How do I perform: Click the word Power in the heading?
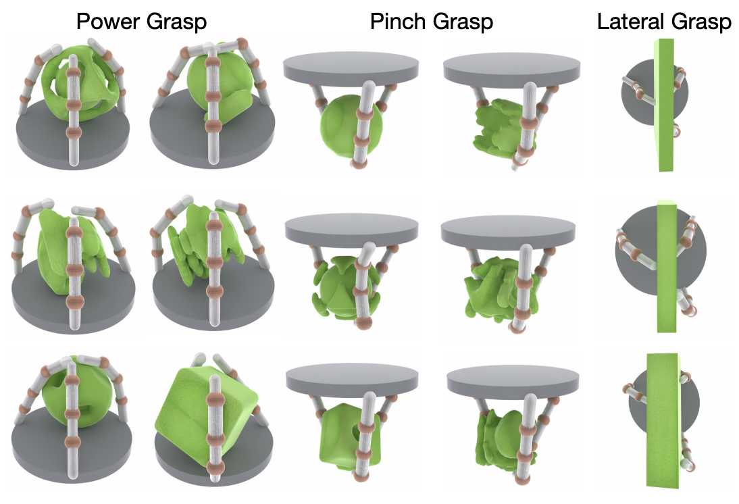(108, 22)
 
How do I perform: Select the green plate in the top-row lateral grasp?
(663, 105)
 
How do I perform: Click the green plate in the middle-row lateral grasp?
(667, 266)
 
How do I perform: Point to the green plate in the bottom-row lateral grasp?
(663, 420)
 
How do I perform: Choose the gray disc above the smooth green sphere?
(351, 68)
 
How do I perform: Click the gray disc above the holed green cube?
(352, 380)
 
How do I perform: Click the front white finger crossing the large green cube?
(215, 428)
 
